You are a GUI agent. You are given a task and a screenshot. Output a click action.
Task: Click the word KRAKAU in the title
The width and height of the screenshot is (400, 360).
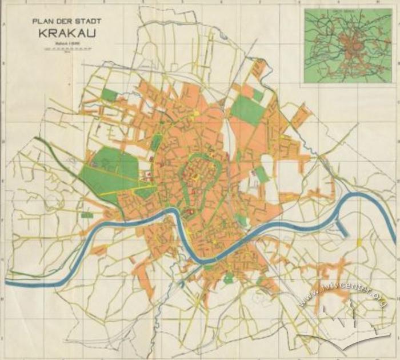coord(65,32)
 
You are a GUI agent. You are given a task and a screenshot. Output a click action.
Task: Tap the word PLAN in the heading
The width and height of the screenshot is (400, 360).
coord(42,22)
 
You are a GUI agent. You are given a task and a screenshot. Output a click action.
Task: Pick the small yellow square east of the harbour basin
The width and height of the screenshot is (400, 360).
coord(359,243)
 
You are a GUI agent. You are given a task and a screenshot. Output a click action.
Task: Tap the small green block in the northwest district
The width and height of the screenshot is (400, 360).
coord(109,95)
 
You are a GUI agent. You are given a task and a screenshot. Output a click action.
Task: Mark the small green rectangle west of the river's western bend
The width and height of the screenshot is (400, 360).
coord(87,215)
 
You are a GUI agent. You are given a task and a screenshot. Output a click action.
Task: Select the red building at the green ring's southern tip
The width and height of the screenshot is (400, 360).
coord(189,213)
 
